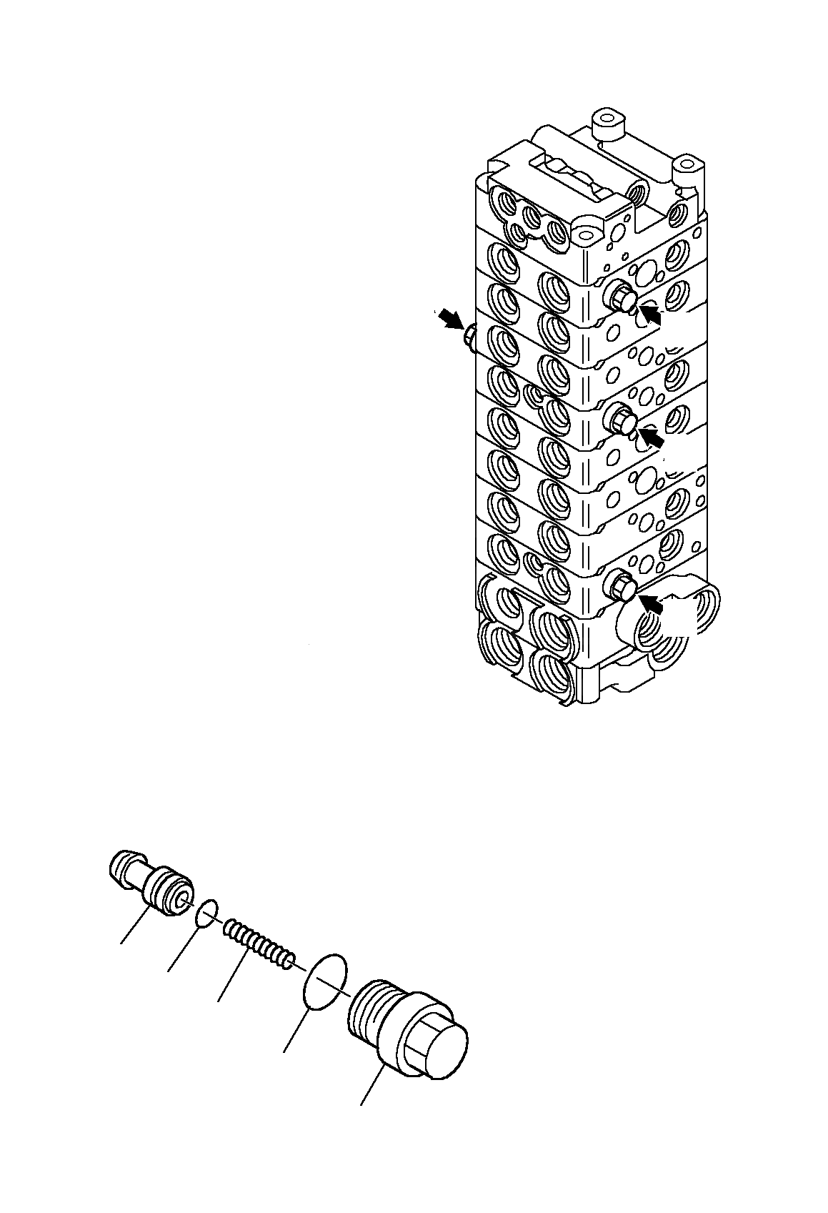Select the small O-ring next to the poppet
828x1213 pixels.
[206, 913]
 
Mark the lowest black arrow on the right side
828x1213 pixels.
[652, 605]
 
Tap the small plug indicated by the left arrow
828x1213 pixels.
[469, 336]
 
